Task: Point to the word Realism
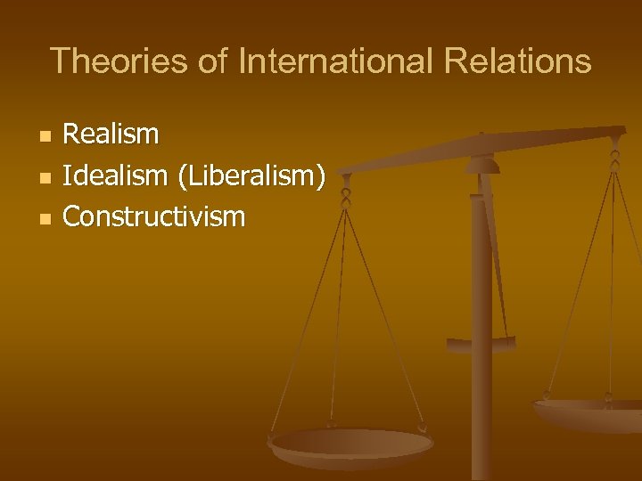[111, 135]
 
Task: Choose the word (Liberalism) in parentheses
[251, 176]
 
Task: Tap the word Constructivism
[154, 216]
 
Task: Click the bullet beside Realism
[45, 136]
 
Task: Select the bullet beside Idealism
[45, 177]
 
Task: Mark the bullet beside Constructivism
[45, 218]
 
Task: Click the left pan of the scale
[350, 444]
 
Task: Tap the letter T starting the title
[60, 61]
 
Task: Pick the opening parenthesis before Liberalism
[183, 176]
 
